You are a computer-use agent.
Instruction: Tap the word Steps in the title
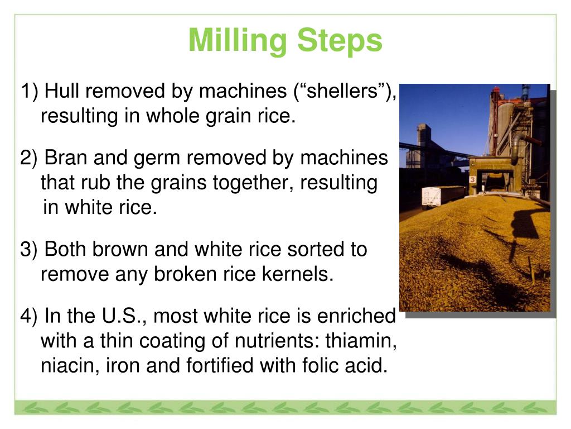pyautogui.click(x=340, y=40)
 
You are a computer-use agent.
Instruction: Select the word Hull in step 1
pyautogui.click(x=61, y=90)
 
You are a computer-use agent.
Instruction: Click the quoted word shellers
pyautogui.click(x=342, y=90)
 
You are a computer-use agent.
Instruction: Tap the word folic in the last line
pyautogui.click(x=320, y=365)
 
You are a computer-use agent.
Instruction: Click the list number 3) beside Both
pyautogui.click(x=29, y=250)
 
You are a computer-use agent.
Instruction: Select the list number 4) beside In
pyautogui.click(x=29, y=317)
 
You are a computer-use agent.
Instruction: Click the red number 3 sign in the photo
pyautogui.click(x=472, y=179)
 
